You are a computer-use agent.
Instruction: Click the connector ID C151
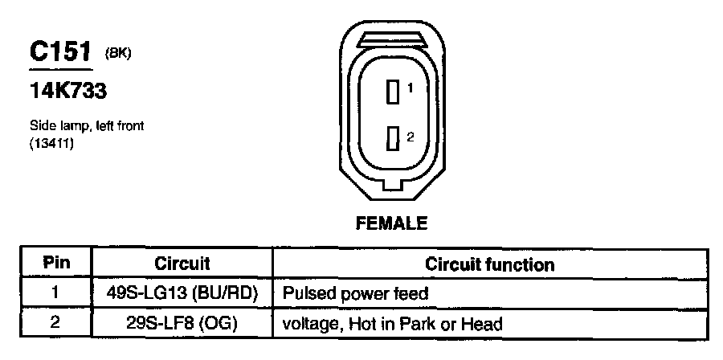(60, 53)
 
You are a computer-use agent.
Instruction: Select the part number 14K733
(68, 92)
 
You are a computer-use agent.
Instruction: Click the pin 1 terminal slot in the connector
(393, 92)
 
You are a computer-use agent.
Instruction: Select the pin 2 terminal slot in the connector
(393, 139)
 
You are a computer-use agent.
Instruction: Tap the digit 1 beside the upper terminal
(409, 88)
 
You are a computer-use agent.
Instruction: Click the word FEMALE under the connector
(391, 223)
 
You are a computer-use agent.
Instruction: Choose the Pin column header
(56, 264)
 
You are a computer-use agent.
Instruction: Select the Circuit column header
(182, 264)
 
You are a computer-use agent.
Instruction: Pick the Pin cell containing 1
(56, 294)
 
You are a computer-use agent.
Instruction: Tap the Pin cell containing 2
(56, 325)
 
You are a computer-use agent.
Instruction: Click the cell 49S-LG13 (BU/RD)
(182, 294)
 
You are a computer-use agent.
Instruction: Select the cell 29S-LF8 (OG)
(182, 325)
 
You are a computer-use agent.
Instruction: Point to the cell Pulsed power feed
(354, 294)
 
